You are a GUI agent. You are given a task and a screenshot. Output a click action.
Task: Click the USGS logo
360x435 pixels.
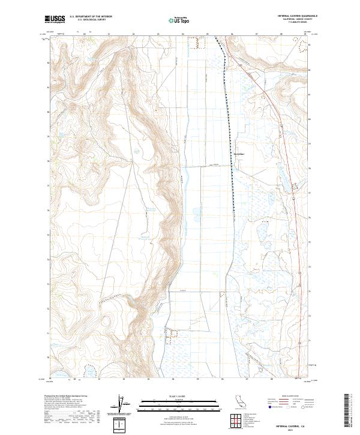tap(55, 19)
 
